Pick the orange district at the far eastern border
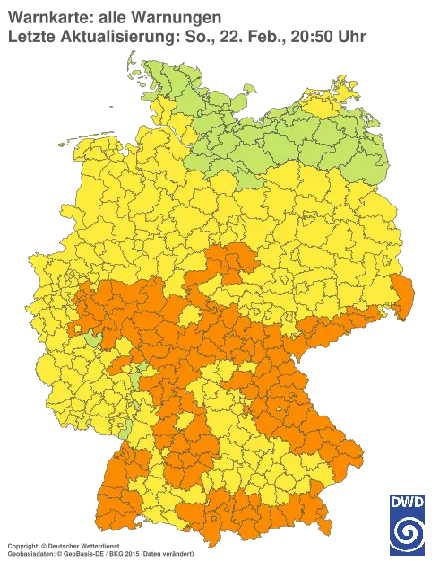[x=402, y=296]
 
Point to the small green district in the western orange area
[x=92, y=339]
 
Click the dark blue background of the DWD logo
[x=394, y=546]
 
